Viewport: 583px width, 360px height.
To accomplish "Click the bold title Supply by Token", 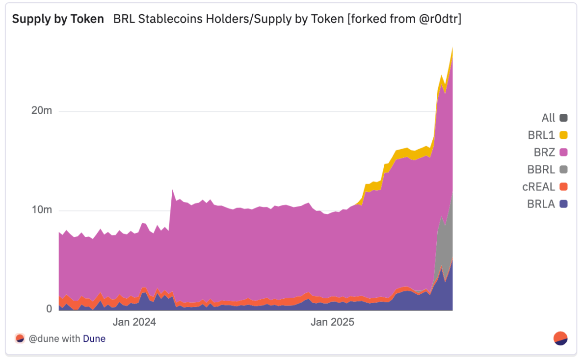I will pyautogui.click(x=58, y=19).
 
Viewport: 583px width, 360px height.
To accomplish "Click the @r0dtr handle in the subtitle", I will pyautogui.click(x=437, y=19).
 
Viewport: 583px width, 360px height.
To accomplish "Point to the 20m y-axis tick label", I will pyautogui.click(x=41, y=111).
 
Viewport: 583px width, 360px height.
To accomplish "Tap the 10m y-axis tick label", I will pyautogui.click(x=41, y=210).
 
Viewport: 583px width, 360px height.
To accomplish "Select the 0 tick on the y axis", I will pyautogui.click(x=49, y=309).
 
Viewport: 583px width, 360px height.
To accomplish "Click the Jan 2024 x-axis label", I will pyautogui.click(x=134, y=322).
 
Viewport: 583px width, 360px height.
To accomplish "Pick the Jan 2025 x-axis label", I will pyautogui.click(x=332, y=322).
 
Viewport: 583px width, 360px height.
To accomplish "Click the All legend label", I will pyautogui.click(x=548, y=118).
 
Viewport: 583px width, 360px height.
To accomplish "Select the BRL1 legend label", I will pyautogui.click(x=541, y=135).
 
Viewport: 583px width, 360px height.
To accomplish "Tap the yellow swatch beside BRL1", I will pyautogui.click(x=563, y=135).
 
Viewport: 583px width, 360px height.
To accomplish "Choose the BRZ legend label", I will pyautogui.click(x=544, y=153).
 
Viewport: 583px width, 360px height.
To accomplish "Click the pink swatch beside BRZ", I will pyautogui.click(x=563, y=153).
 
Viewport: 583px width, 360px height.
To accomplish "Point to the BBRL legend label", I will pyautogui.click(x=541, y=170).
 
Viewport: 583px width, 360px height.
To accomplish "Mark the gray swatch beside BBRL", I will pyautogui.click(x=563, y=170).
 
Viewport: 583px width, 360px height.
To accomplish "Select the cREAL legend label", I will pyautogui.click(x=538, y=187).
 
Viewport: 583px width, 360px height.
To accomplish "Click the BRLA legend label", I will pyautogui.click(x=541, y=204).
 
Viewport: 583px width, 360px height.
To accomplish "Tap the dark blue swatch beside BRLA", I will pyautogui.click(x=563, y=204).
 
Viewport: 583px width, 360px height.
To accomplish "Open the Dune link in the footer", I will pyautogui.click(x=94, y=338).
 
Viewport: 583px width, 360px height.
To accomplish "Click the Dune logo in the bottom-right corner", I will pyautogui.click(x=560, y=338).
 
